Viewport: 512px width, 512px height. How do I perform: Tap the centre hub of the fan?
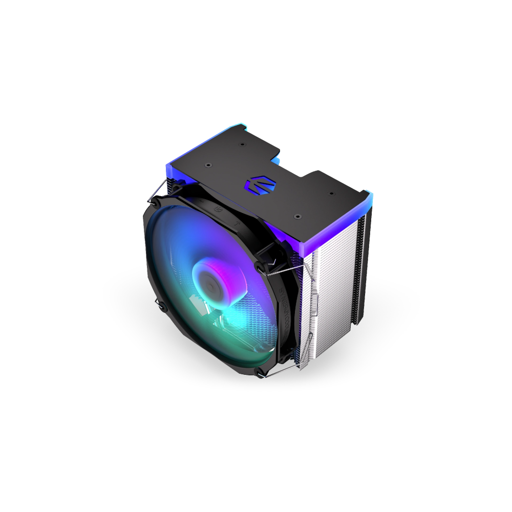click(x=208, y=281)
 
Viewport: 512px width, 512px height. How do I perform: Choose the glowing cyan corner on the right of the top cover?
click(x=369, y=195)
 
